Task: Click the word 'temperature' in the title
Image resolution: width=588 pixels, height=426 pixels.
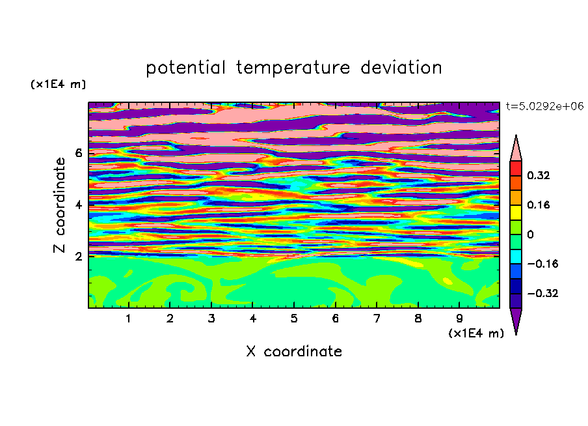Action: [x=293, y=68]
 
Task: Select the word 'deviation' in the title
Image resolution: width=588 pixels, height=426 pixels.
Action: [x=401, y=67]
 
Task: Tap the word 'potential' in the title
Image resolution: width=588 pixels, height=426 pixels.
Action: [x=185, y=68]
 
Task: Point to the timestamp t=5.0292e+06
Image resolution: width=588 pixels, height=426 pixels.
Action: [x=545, y=106]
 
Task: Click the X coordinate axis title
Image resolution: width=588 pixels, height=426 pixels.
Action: [x=294, y=351]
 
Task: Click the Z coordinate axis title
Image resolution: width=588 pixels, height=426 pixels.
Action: [x=60, y=205]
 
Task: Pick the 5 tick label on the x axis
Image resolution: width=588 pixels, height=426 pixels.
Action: [x=294, y=319]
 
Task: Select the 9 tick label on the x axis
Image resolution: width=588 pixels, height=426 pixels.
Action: [x=459, y=319]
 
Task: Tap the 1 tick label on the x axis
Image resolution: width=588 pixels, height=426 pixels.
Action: [x=129, y=319]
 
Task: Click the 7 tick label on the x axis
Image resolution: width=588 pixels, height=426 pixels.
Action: [x=377, y=319]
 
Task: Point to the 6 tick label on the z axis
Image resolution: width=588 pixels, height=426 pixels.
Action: [x=78, y=153]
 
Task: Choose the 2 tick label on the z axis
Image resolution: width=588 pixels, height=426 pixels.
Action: [x=78, y=257]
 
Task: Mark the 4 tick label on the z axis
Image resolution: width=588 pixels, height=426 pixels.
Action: [x=78, y=205]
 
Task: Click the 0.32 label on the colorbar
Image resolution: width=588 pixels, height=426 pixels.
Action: [x=539, y=175]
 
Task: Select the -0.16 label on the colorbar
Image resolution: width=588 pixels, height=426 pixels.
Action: [x=542, y=264]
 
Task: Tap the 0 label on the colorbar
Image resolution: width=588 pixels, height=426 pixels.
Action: [x=530, y=234]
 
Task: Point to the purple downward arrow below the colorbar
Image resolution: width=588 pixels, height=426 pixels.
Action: [x=516, y=319]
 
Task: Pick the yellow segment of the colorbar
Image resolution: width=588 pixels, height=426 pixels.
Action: [x=516, y=212]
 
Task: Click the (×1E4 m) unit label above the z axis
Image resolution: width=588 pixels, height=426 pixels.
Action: [x=59, y=84]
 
